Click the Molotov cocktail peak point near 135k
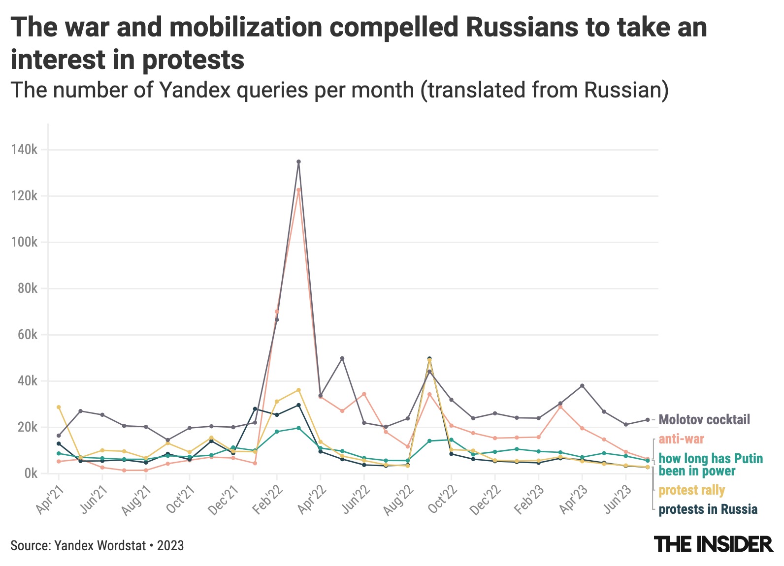[x=298, y=161]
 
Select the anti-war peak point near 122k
[x=298, y=190]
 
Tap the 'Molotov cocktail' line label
[x=704, y=420]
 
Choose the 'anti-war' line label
[x=681, y=439]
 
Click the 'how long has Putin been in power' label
[x=711, y=465]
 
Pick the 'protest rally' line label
[x=691, y=490]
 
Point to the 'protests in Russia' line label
[x=708, y=509]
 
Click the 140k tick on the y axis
[x=24, y=150]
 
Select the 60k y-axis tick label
[x=27, y=335]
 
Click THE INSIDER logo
[x=713, y=544]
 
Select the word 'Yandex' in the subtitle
[x=193, y=90]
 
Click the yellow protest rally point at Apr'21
[x=59, y=407]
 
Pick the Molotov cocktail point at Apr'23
[x=582, y=385]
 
